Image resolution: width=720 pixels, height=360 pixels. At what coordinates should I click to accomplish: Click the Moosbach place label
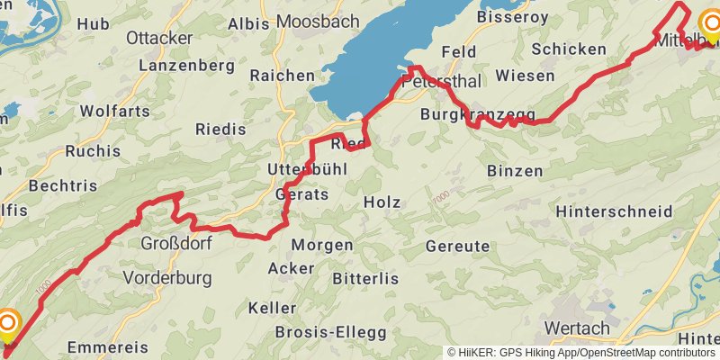pyautogui.click(x=317, y=20)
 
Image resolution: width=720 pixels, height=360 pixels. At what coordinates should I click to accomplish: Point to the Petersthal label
pyautogui.click(x=442, y=81)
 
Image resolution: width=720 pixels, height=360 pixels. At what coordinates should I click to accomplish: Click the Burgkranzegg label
pyautogui.click(x=478, y=114)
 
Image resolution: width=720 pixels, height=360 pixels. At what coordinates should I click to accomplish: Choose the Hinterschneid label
pyautogui.click(x=615, y=211)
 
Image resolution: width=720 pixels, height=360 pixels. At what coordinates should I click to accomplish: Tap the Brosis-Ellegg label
pyautogui.click(x=330, y=332)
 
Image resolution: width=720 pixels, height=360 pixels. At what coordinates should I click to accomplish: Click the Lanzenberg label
pyautogui.click(x=186, y=66)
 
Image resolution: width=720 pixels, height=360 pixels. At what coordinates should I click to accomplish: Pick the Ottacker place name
pyautogui.click(x=159, y=38)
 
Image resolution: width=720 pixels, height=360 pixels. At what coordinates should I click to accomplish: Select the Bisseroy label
pyautogui.click(x=512, y=16)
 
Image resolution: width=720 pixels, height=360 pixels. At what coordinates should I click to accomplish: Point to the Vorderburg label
pyautogui.click(x=166, y=277)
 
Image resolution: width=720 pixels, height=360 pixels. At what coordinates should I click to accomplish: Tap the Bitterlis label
pyautogui.click(x=364, y=279)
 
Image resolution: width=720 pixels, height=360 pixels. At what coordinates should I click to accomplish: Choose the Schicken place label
pyautogui.click(x=569, y=49)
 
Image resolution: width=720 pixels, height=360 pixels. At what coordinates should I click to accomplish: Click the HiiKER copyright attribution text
pyautogui.click(x=581, y=353)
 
